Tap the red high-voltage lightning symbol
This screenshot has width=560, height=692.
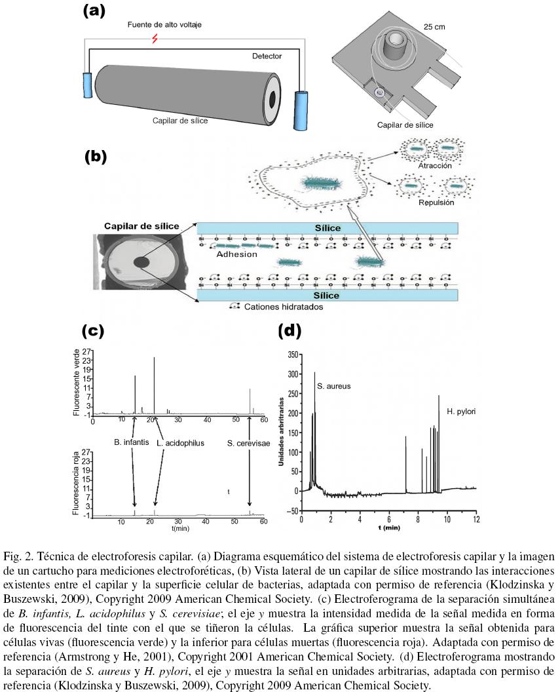155,39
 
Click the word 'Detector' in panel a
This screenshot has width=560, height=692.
267,56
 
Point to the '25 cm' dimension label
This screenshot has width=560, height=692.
432,28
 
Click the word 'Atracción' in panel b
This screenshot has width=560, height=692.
434,166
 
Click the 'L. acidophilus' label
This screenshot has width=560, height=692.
181,443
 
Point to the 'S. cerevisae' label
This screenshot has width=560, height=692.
249,443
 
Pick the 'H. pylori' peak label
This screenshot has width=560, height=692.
461,412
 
